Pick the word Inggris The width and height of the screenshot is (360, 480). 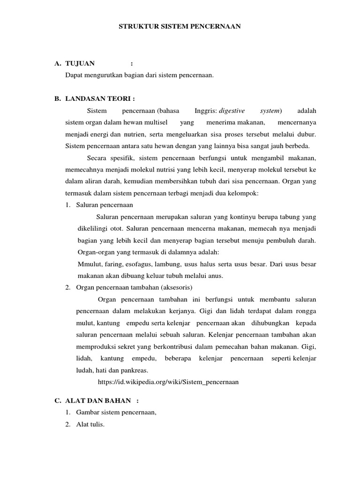[205, 111]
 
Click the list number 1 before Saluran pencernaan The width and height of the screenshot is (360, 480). [68, 205]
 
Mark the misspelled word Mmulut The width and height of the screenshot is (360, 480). [89, 264]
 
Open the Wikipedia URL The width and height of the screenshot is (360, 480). [168, 382]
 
